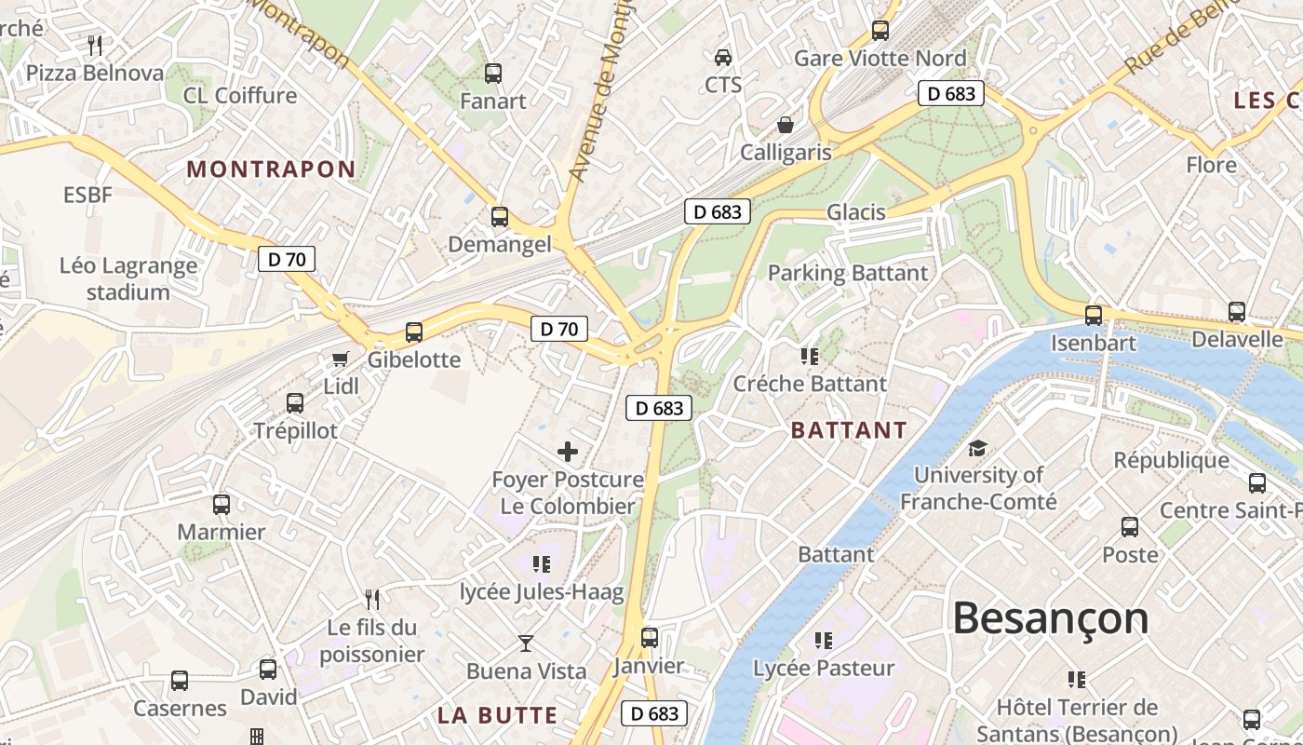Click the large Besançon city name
(x=1051, y=618)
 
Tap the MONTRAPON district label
(x=271, y=169)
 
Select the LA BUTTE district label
(x=497, y=715)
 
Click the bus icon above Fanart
(x=493, y=73)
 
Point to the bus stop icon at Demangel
(x=500, y=217)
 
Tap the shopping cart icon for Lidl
(x=341, y=359)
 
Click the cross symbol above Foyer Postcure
(x=568, y=453)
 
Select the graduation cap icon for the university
(x=977, y=448)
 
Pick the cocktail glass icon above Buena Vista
(x=526, y=643)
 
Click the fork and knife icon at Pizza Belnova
(x=94, y=45)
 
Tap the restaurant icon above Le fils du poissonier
(x=372, y=599)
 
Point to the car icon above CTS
(x=723, y=58)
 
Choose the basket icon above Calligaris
(x=786, y=125)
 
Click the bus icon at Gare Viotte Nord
(x=880, y=31)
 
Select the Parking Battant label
(x=848, y=273)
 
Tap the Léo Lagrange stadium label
(x=128, y=278)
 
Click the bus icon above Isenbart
(x=1094, y=315)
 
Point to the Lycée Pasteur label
(x=824, y=668)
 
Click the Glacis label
(x=856, y=212)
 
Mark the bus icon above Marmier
(x=222, y=505)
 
